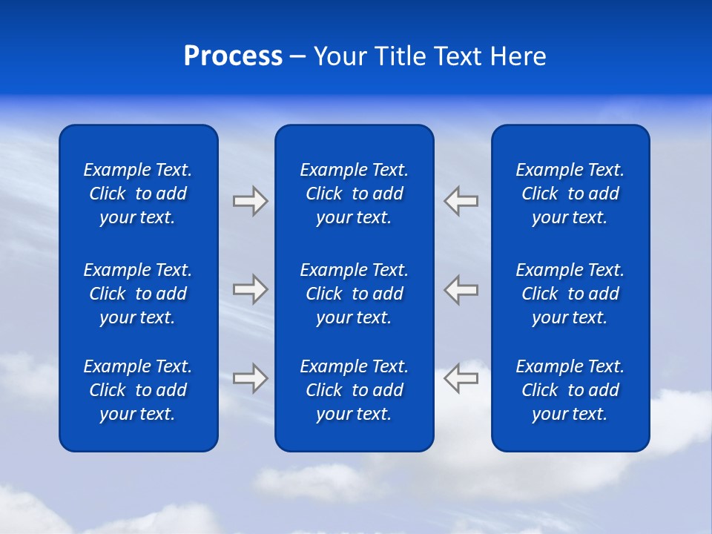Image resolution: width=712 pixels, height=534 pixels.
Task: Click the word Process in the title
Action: pos(233,56)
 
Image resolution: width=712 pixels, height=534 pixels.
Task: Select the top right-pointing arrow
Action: pos(250,200)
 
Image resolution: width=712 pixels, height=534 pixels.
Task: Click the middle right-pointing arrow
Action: pos(250,289)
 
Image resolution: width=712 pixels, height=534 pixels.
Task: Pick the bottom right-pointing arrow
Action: pos(250,378)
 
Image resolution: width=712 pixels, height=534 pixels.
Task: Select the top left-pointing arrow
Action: pos(461,200)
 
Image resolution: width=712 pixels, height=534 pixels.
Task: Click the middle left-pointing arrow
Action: pos(461,289)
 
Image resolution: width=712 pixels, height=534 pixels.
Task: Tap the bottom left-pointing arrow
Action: pos(461,378)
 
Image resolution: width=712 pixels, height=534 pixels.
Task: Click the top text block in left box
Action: pos(138,194)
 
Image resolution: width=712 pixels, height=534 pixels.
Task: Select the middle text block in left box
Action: pos(138,294)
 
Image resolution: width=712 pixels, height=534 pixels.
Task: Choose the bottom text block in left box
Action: pos(138,390)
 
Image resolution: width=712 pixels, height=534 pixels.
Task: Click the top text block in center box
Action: pos(354,194)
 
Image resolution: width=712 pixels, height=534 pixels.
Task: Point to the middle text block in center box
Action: pos(354,294)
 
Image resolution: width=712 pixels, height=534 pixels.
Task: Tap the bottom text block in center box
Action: pos(354,390)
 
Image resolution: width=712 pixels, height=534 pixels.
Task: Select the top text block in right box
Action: pos(570,194)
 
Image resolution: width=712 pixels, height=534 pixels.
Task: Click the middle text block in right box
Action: pos(570,294)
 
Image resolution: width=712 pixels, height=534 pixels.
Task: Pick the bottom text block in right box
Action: pos(570,390)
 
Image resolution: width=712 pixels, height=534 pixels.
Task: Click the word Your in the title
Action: pos(339,56)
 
